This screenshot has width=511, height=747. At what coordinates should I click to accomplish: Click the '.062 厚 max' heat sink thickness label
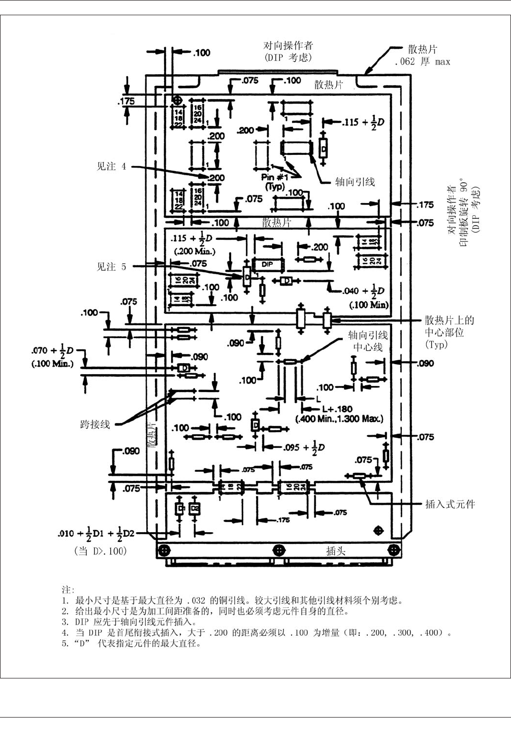coord(422,62)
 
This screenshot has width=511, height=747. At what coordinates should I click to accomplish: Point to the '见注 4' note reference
coord(111,166)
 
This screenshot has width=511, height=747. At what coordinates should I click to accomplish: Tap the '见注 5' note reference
coord(111,267)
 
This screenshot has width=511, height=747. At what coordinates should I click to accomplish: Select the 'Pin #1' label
coord(275,177)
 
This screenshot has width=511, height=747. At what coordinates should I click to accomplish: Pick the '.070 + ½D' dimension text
coord(52,350)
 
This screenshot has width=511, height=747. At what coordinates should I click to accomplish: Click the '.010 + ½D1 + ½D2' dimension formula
coord(96,533)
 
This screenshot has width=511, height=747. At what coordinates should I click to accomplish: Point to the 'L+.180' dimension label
coord(337,409)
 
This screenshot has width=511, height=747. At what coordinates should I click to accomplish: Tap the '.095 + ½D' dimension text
coord(304,447)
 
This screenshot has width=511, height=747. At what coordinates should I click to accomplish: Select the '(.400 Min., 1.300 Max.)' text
coord(339,419)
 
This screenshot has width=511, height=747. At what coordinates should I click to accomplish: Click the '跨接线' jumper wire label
coord(95,424)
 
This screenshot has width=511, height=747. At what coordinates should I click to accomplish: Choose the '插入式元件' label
coord(450,504)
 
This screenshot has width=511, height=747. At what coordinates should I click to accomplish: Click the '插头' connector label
coord(336,551)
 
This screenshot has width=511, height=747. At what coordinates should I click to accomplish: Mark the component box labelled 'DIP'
coord(268,265)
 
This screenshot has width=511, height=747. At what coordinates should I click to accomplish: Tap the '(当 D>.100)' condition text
coord(101,551)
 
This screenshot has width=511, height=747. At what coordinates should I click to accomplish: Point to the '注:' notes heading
coord(68,590)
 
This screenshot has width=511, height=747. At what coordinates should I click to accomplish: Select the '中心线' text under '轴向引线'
coord(368,347)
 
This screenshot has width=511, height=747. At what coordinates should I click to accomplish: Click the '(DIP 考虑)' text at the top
coord(288,57)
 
